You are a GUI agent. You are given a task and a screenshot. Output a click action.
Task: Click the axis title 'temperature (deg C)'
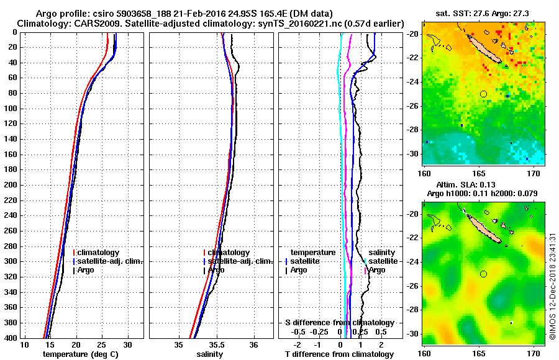click(81, 354)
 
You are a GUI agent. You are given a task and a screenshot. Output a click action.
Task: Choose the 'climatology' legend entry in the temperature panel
click(98, 253)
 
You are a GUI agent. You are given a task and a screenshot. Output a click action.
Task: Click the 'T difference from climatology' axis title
click(339, 354)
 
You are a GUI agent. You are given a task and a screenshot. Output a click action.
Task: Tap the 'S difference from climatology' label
click(339, 323)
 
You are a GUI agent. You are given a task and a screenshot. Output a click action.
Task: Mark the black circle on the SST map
click(484, 94)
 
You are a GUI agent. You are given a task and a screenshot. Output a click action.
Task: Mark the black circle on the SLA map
click(484, 274)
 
